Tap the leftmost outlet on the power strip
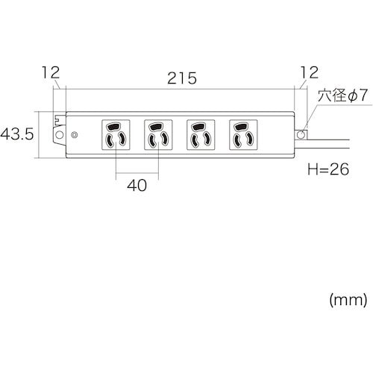116,134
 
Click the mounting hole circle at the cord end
302,134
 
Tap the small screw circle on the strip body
74,135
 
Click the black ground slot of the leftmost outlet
116,126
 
